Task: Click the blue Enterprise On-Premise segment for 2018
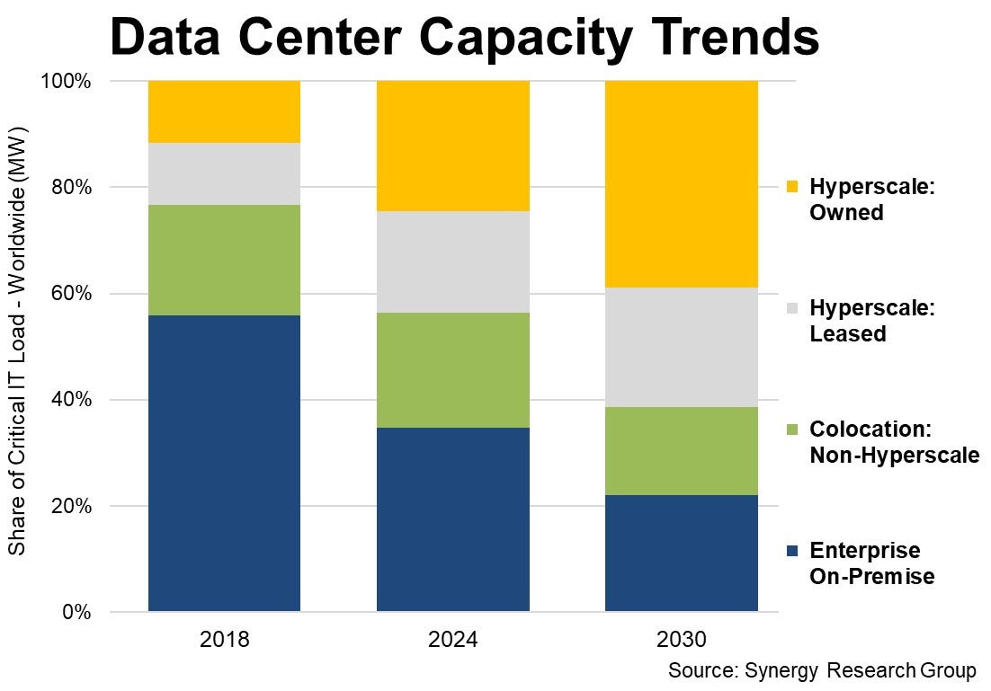[x=224, y=464]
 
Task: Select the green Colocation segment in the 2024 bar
[x=452, y=369]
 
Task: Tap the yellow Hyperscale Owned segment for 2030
[x=681, y=184]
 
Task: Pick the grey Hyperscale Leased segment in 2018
[x=224, y=173]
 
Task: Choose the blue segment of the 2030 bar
[x=681, y=553]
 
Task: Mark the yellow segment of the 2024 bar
[x=452, y=146]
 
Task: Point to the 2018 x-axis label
[x=224, y=640]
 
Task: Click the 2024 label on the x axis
[x=452, y=640]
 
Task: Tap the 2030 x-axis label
[x=681, y=640]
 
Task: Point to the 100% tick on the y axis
[x=67, y=82]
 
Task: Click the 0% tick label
[x=76, y=613]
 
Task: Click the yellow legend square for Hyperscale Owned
[x=790, y=188]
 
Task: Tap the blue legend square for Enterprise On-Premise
[x=790, y=550]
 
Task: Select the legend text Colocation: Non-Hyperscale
[x=893, y=442]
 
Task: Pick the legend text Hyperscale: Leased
[x=871, y=321]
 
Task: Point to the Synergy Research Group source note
[x=821, y=671]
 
